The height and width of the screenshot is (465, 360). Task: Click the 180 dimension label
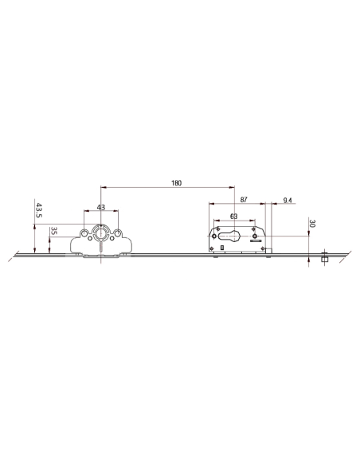coord(176,183)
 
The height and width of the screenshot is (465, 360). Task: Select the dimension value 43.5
coord(38,210)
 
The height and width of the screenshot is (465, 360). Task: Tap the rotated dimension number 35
coord(54,231)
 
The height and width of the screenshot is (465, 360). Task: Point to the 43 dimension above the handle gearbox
coord(101,207)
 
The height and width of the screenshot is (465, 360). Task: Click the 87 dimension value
coord(244,200)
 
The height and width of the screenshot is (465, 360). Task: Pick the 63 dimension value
coord(233,217)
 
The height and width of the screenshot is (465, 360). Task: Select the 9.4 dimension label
coord(288,201)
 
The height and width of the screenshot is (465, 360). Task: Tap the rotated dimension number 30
coord(312,223)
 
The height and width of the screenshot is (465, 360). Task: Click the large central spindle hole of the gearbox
coord(101,232)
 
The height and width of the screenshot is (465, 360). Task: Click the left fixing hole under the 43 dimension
coord(84,233)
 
